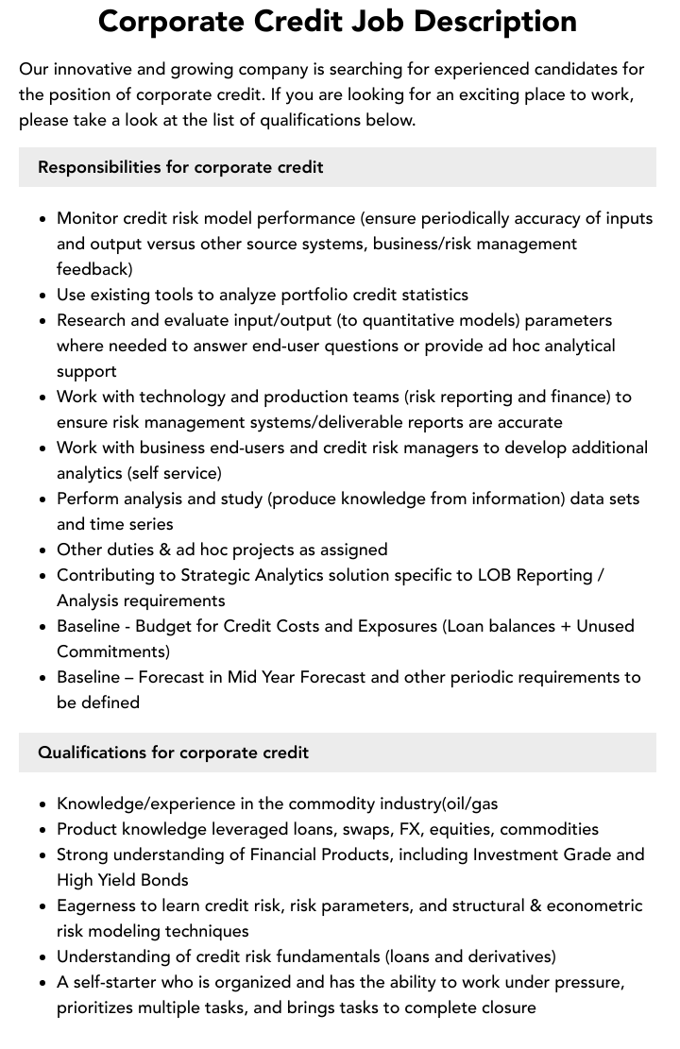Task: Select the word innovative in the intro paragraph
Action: (96, 69)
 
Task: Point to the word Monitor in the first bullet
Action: (88, 218)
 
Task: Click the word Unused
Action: (605, 626)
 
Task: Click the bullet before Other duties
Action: (43, 550)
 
